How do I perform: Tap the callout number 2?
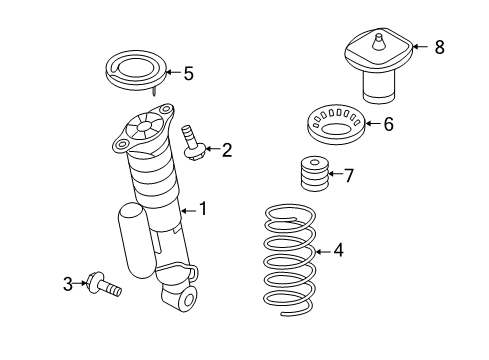(227, 151)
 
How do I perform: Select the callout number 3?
(68, 284)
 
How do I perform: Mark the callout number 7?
(348, 176)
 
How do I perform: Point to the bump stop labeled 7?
(315, 177)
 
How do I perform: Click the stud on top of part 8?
(380, 42)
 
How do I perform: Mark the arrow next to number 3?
(82, 284)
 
